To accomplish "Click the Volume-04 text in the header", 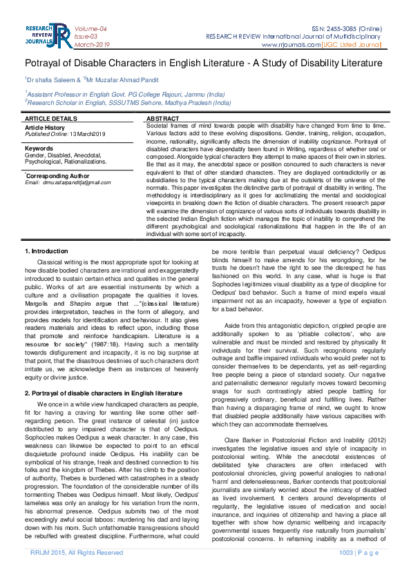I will [90, 28].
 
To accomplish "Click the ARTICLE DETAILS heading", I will [51, 119].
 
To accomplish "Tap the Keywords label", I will [39, 148].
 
